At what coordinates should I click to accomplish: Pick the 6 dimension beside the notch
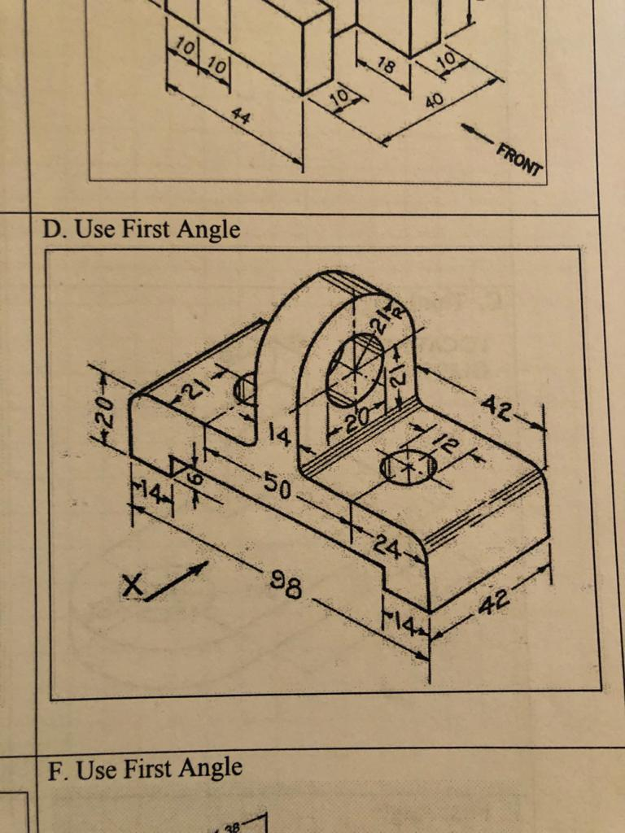click(193, 480)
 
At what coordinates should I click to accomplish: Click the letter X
click(133, 586)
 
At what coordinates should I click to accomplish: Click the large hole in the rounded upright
click(355, 369)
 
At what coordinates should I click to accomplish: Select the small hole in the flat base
click(409, 467)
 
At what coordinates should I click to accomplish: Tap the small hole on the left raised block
click(244, 389)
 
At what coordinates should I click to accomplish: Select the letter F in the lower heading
click(54, 770)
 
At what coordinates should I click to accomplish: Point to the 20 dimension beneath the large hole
click(356, 419)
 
